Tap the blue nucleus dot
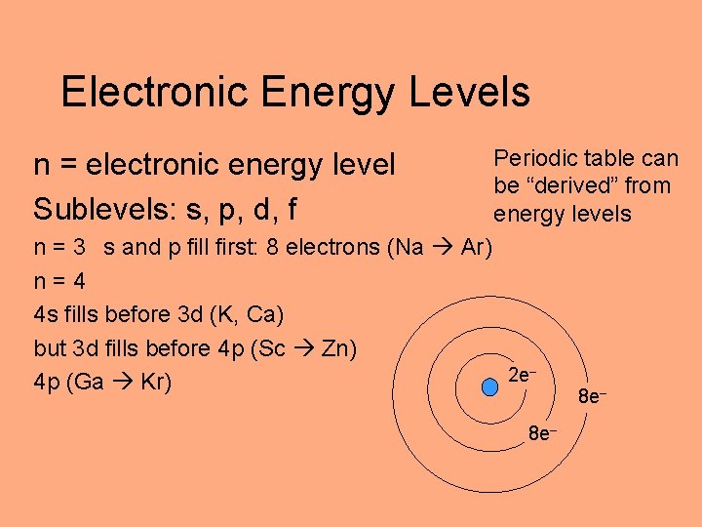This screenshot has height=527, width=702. [489, 387]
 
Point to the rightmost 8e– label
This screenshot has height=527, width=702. [594, 397]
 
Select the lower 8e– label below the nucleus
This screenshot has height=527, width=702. [543, 432]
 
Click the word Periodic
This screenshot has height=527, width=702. [537, 158]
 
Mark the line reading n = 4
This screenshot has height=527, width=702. [59, 281]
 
